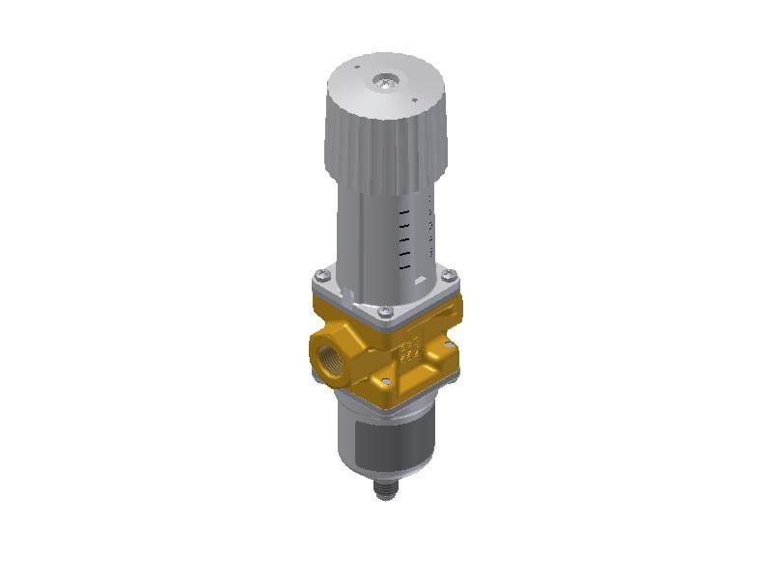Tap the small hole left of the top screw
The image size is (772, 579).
coord(356,69)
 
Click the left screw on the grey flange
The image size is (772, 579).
coord(323,277)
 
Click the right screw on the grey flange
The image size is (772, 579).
coord(448,276)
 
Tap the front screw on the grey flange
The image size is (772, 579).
coord(385,312)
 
